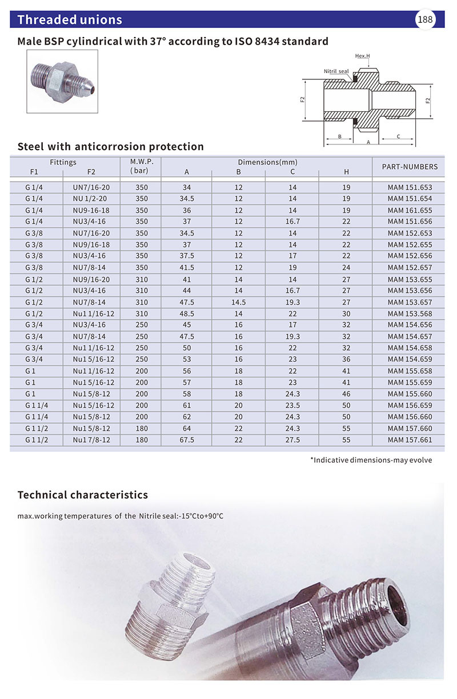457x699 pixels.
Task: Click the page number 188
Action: coord(426,20)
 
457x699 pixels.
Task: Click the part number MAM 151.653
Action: coord(410,187)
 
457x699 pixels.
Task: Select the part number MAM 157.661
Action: coord(410,440)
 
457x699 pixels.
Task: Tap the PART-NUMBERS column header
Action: coord(409,167)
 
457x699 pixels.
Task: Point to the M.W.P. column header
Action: coord(142,166)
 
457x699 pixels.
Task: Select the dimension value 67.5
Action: coord(187,440)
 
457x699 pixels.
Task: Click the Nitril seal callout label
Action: coord(336,71)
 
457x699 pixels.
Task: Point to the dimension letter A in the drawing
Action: coord(368,142)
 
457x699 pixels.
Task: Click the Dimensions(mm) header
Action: coord(267,162)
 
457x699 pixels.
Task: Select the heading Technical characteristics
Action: coord(83,495)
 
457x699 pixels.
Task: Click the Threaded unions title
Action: coord(70,20)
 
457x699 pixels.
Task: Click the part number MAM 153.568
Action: coord(410,314)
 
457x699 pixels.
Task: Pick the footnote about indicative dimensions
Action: coord(371,460)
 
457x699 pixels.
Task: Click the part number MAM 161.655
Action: coord(410,210)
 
